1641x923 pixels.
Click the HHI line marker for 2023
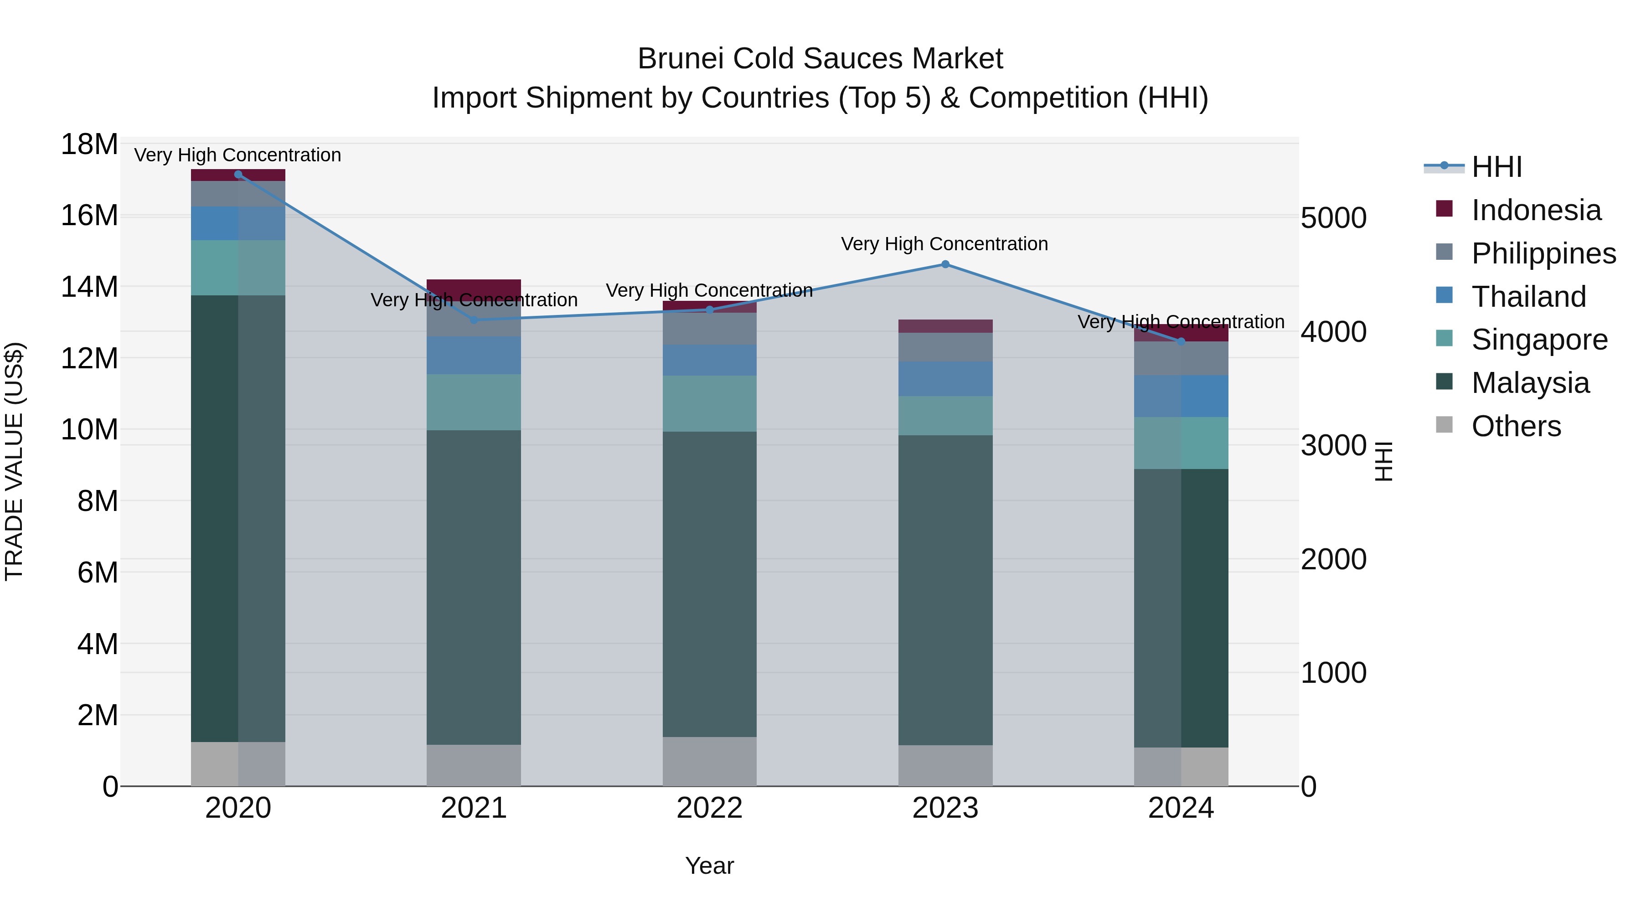point(945,264)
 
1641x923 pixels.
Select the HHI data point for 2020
point(238,175)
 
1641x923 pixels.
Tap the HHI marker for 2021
point(473,320)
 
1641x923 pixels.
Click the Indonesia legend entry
point(1535,210)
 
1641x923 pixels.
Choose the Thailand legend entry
point(1527,297)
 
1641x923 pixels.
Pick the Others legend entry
point(1516,426)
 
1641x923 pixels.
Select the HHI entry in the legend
point(1496,167)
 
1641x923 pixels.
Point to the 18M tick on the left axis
point(89,144)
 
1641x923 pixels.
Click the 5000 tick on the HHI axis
point(1333,218)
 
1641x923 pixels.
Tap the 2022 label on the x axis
point(709,808)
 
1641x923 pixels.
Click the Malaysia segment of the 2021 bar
point(473,586)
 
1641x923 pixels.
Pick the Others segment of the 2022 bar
point(709,761)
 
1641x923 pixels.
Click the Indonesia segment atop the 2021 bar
point(473,285)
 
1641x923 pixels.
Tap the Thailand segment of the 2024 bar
point(1181,396)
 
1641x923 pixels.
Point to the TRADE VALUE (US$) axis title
point(14,461)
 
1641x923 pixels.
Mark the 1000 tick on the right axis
point(1333,673)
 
